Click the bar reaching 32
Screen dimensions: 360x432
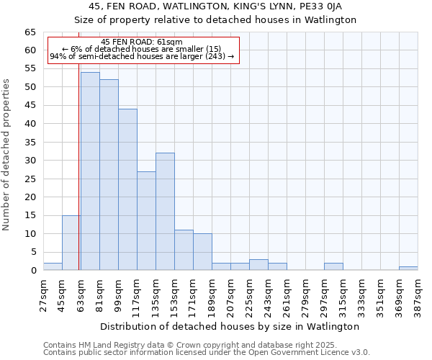165,212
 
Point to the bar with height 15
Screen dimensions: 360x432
71,243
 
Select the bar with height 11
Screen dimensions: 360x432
184,250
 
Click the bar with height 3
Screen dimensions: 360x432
258,264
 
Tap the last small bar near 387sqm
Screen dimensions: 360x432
408,268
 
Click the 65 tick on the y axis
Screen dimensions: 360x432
30,32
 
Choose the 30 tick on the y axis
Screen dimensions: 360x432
30,161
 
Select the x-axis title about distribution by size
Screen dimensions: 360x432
230,326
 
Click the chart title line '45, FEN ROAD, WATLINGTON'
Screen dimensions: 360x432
215,6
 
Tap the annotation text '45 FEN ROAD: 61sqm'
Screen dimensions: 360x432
142,42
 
